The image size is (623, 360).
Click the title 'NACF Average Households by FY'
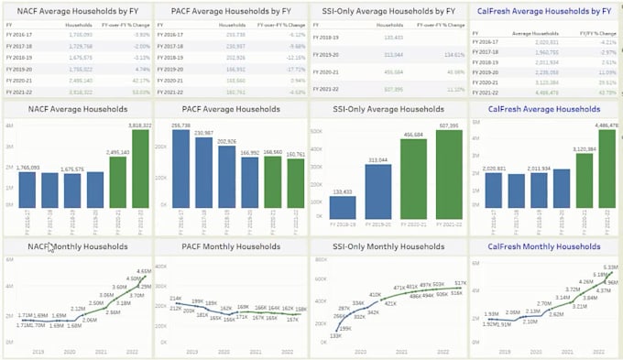(x=78, y=11)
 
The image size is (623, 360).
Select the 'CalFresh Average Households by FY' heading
(x=543, y=11)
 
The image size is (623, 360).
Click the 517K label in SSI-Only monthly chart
(x=460, y=283)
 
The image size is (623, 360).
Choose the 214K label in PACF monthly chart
(x=175, y=300)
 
